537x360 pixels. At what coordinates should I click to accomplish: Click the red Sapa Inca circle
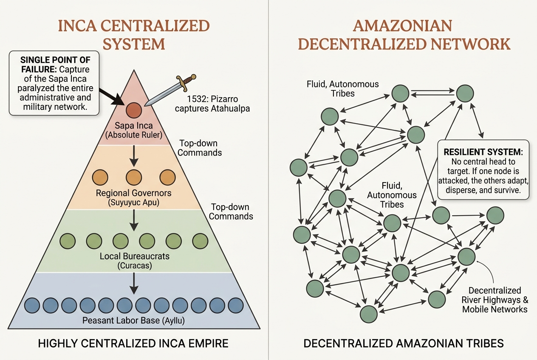[134, 110]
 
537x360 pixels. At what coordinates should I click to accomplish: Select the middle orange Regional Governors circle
[134, 177]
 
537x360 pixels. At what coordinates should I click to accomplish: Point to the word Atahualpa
[231, 109]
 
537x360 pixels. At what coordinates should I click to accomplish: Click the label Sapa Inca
[133, 126]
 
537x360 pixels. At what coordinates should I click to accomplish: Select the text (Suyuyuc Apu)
[133, 202]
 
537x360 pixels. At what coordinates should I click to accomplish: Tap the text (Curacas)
[135, 266]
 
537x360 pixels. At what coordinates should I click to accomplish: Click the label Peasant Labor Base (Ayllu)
[133, 321]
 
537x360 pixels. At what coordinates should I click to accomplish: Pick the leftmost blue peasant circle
[32, 305]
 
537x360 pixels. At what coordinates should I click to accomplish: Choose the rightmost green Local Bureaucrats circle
[200, 241]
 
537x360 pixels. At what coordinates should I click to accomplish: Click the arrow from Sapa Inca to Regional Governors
[134, 156]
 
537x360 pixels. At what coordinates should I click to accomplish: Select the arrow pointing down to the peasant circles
[134, 283]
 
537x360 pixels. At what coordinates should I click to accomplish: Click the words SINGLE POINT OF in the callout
[55, 60]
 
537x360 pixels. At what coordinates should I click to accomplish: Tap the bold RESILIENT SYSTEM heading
[483, 152]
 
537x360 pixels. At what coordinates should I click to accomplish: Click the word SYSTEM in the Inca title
[134, 44]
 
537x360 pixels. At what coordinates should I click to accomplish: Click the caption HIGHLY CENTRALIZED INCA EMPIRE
[133, 343]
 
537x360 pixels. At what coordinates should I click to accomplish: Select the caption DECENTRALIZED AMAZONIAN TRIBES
[404, 343]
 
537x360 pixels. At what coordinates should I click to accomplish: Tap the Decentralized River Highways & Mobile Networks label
[495, 300]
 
